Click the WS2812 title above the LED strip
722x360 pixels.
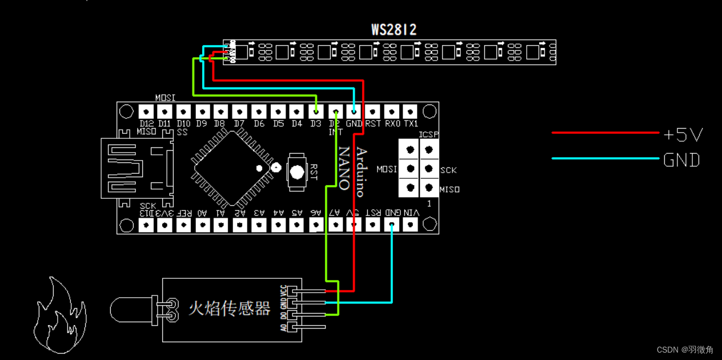(394, 30)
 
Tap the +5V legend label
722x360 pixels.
(683, 135)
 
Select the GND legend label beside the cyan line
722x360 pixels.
(681, 160)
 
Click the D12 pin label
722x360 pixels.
(147, 123)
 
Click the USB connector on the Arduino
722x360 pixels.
(137, 168)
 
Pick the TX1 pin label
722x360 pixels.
(411, 123)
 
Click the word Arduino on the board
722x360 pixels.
(361, 172)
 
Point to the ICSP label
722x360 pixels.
(428, 134)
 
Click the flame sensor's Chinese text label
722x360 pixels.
(229, 309)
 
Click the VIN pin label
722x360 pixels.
(411, 213)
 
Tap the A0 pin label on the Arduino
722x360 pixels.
(202, 213)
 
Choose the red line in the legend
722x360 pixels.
(605, 133)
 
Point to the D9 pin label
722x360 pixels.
(202, 123)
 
